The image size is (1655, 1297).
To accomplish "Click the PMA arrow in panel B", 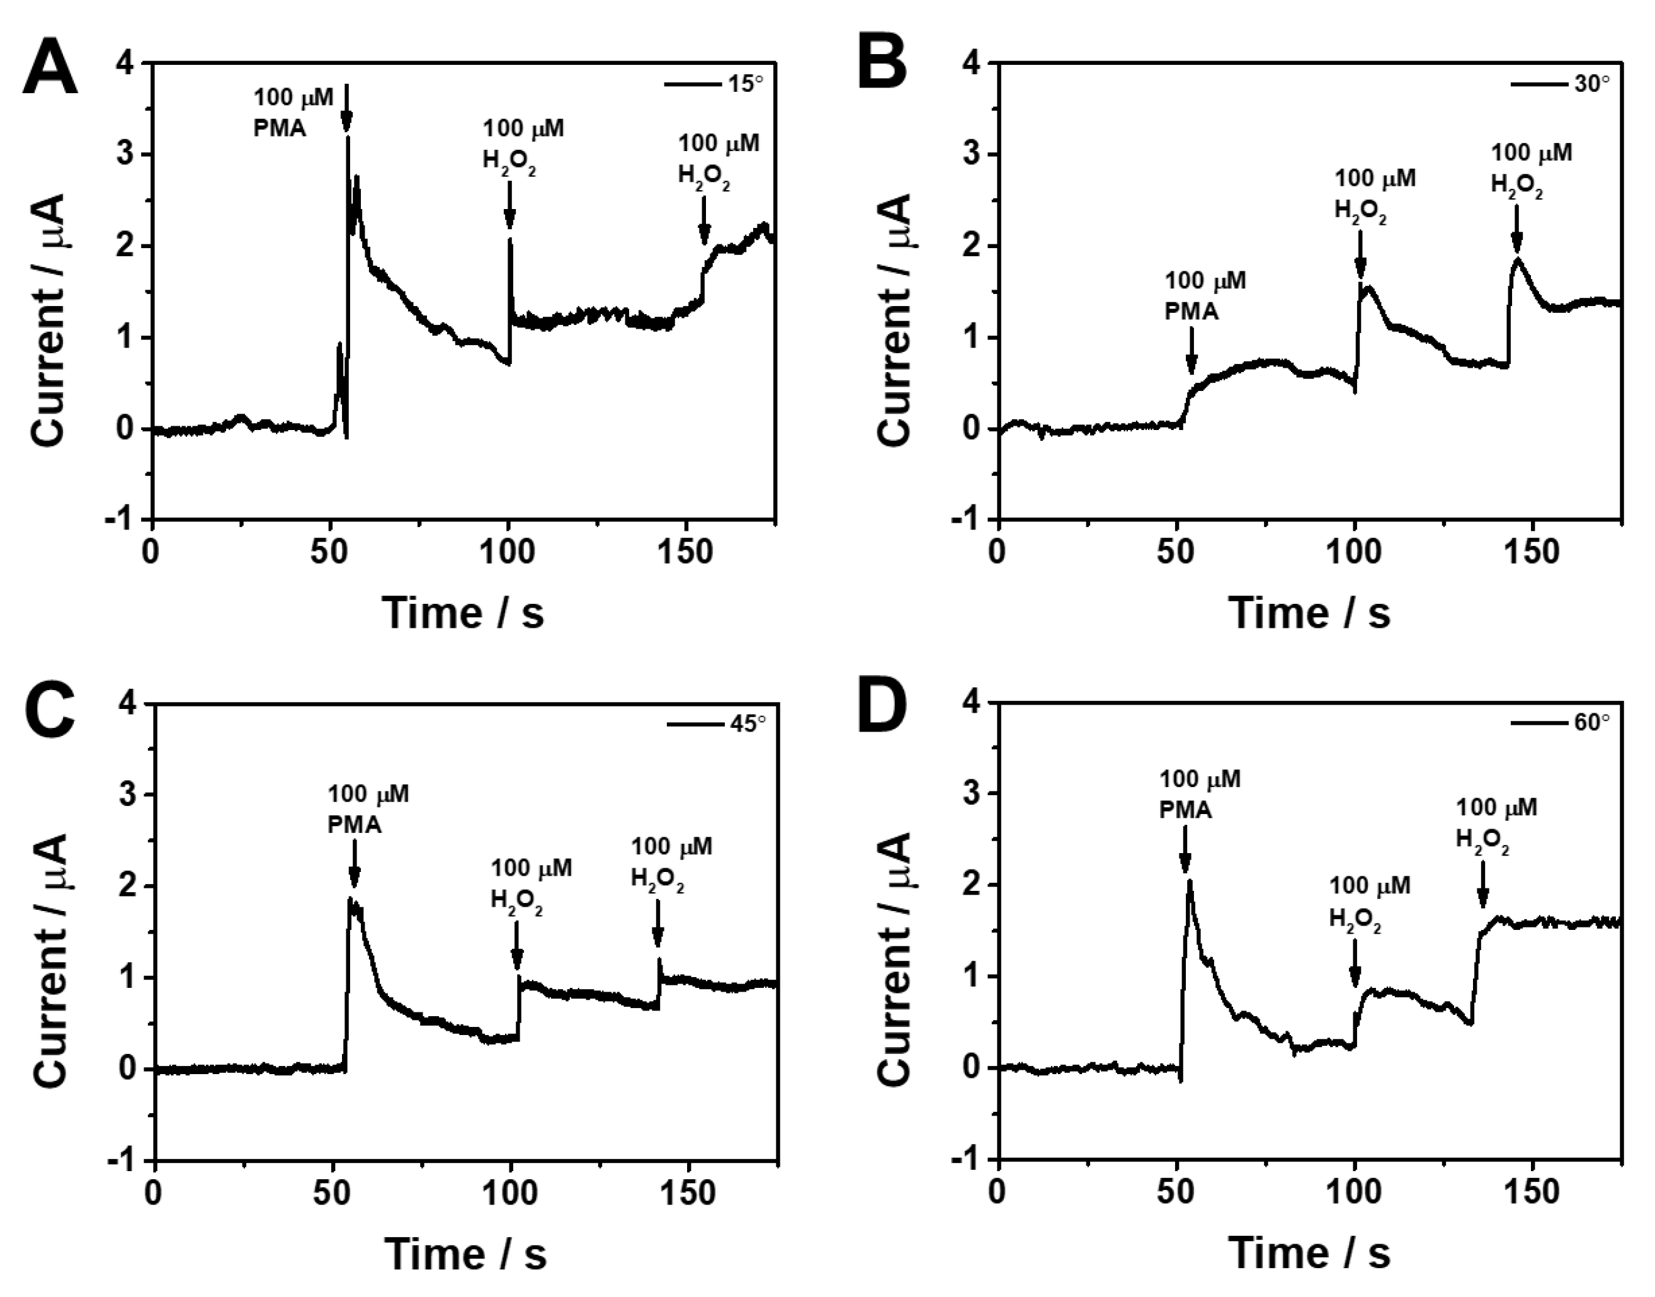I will [x=1191, y=351].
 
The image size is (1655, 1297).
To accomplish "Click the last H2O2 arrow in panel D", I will [x=1482, y=885].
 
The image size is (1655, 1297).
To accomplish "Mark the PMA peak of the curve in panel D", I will [x=1190, y=881].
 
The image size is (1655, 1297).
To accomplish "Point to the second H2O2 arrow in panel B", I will [x=1516, y=229].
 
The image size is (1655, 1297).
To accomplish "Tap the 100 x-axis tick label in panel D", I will [x=1354, y=1193].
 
